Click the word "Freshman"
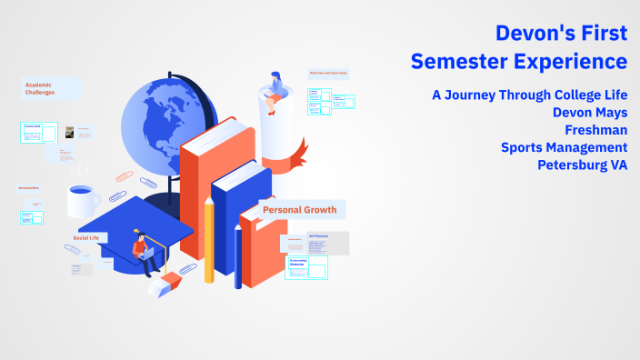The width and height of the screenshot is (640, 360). (596, 130)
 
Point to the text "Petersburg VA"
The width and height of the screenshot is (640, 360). (582, 165)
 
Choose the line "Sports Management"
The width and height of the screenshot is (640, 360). (564, 147)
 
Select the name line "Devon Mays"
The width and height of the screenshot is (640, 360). (590, 113)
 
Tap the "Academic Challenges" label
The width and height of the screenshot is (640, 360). (39, 87)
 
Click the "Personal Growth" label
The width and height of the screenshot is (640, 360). (299, 210)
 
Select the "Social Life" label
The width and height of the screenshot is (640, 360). (85, 238)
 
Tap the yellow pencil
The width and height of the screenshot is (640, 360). (209, 241)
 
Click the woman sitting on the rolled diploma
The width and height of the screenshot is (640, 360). (274, 86)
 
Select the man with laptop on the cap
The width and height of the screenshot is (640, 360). (143, 253)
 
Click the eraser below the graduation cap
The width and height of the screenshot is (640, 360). (160, 286)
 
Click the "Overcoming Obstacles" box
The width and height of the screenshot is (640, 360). (305, 265)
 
